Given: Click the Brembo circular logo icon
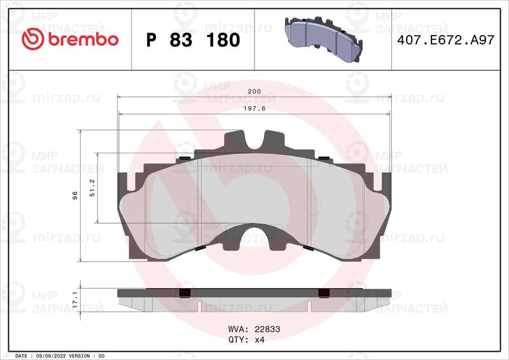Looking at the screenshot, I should (x=31, y=39).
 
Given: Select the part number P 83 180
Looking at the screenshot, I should (x=193, y=40).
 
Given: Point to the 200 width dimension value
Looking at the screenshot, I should (x=254, y=92).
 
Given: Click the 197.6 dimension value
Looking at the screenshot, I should (x=254, y=108).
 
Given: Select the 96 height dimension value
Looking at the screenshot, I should (x=75, y=196).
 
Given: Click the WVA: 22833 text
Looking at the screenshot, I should (x=254, y=330).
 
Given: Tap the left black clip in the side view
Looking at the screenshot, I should (x=185, y=293).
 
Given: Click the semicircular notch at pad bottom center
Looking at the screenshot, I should (x=254, y=237).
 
